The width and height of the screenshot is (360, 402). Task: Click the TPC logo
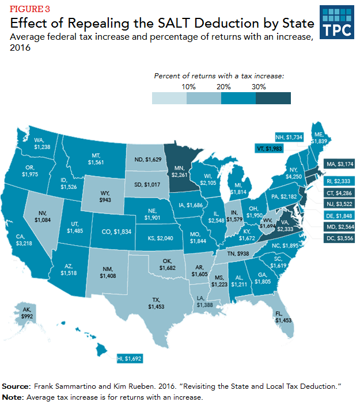coord(335,22)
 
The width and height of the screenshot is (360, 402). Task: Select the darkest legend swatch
coord(273,97)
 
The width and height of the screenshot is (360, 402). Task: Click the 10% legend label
coord(189,86)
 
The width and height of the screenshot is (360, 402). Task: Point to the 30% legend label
coord(259,86)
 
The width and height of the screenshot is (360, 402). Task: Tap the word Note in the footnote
coord(12,396)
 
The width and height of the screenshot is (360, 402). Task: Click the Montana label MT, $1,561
coord(96,159)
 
